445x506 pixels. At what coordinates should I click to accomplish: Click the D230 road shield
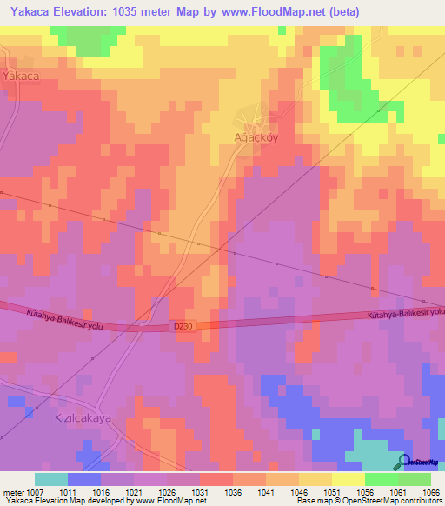181,326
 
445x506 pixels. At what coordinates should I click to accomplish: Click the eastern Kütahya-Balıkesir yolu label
405,314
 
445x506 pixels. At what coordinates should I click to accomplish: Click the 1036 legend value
233,491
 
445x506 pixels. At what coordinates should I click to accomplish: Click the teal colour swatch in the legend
51,479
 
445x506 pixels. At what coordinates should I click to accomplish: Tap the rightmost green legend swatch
415,479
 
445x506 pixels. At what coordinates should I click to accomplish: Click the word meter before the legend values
12,491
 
